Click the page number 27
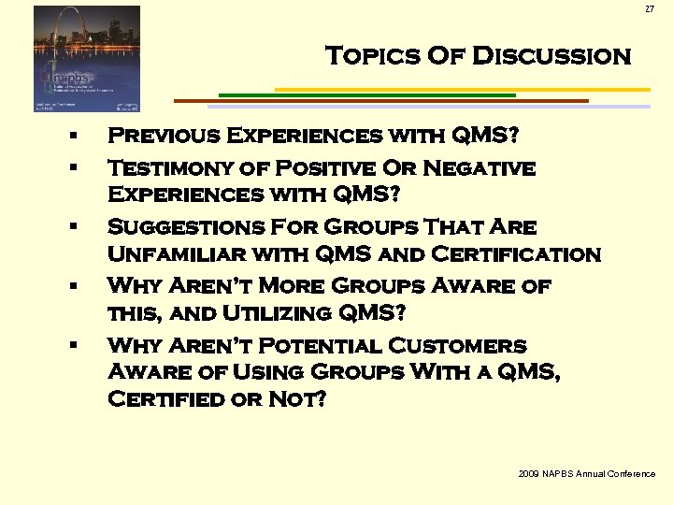(650, 9)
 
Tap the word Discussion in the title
(552, 56)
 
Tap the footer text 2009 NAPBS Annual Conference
(586, 475)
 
